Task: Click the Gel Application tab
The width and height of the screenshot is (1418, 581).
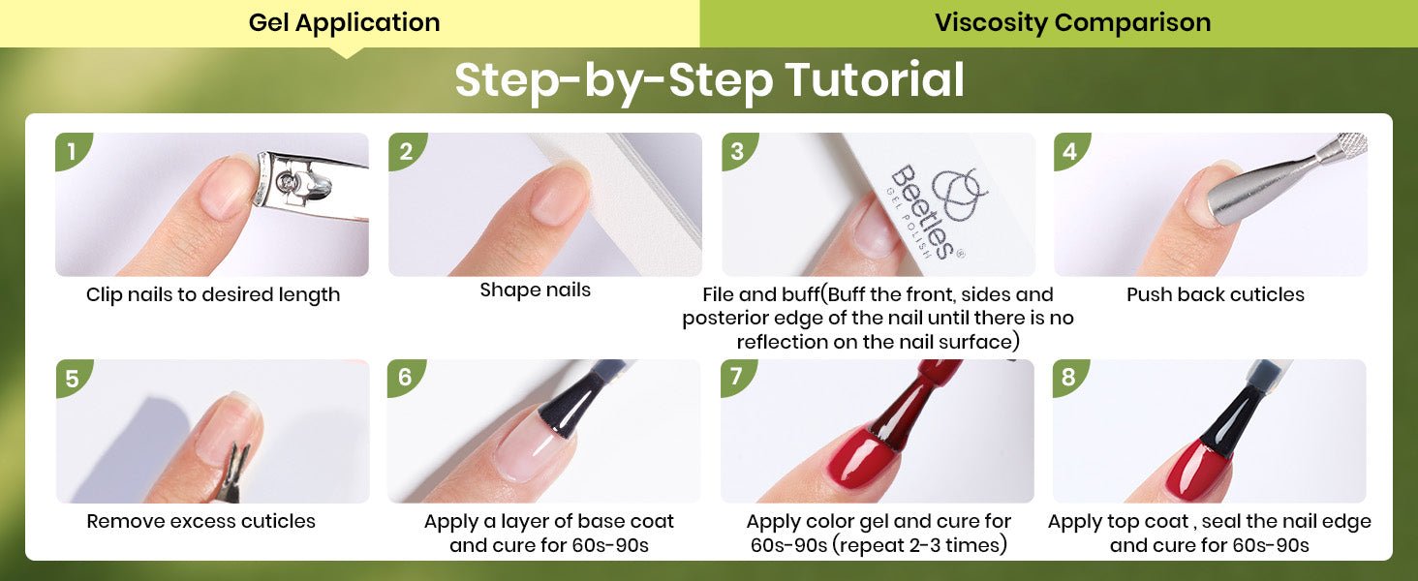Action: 345,23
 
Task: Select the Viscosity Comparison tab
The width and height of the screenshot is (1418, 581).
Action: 1072,23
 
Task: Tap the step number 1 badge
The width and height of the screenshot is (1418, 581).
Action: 73,151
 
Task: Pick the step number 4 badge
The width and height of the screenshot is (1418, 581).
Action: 1071,151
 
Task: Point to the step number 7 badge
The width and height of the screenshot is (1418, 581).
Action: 737,378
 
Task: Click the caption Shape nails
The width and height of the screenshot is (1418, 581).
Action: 535,290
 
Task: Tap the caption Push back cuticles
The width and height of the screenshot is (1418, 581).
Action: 1216,294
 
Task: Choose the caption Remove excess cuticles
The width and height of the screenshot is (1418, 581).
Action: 200,521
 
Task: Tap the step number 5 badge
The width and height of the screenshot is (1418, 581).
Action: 73,378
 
